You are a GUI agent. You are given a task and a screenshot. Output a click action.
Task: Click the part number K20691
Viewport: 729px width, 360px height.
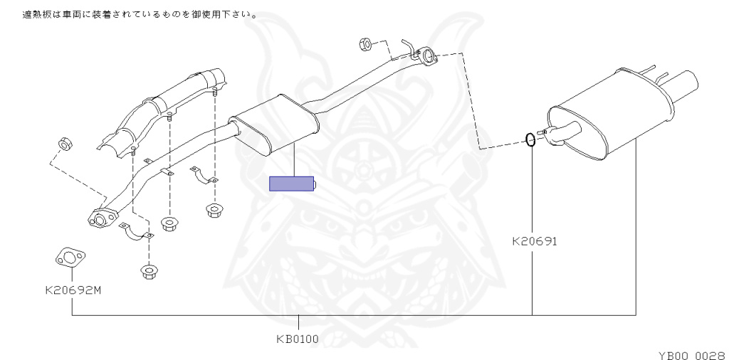point(534,241)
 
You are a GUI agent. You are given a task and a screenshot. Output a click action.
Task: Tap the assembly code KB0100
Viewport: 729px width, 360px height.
point(298,339)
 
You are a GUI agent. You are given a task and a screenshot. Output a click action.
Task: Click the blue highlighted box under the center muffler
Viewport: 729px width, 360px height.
point(292,184)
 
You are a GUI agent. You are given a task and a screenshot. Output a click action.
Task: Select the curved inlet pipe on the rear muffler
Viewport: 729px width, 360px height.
point(564,132)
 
